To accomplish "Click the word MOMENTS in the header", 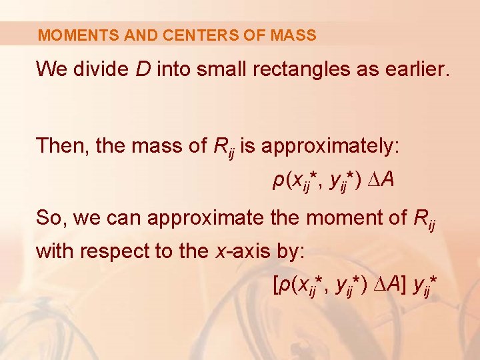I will pos(69,35).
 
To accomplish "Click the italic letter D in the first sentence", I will pos(143,69).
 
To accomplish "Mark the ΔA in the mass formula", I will pos(381,181).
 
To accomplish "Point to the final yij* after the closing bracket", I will pos(424,287).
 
